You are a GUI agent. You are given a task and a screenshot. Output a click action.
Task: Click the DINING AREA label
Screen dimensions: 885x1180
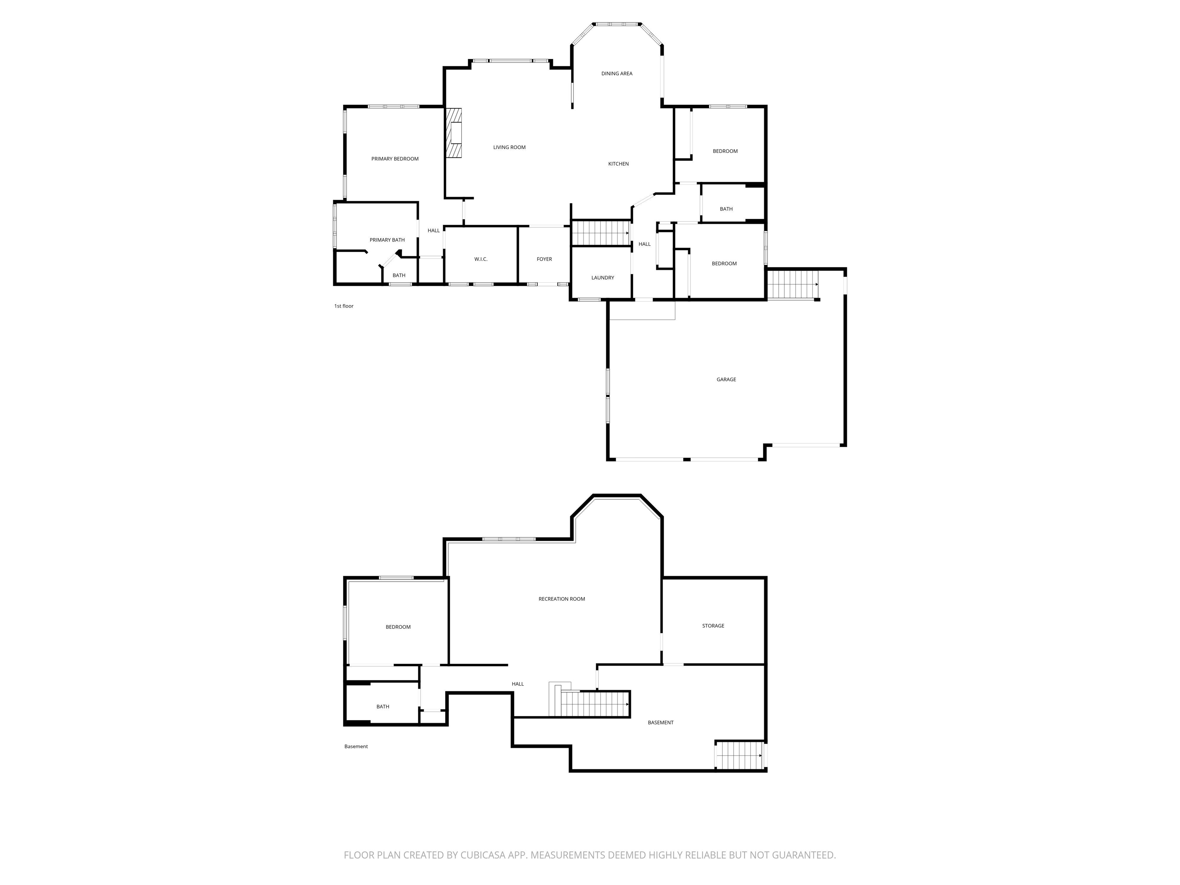coord(617,74)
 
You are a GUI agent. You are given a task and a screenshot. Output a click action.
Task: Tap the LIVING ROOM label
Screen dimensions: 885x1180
coord(509,147)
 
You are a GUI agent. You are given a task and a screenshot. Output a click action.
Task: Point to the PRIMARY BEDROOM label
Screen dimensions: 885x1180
coord(395,159)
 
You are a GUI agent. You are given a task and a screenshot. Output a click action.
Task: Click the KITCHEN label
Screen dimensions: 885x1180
coord(618,164)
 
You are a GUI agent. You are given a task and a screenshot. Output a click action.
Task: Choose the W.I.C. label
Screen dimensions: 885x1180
coord(481,259)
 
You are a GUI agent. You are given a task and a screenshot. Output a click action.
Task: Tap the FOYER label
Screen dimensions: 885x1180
coord(544,259)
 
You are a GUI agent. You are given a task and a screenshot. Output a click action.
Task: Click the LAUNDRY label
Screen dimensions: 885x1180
coord(602,278)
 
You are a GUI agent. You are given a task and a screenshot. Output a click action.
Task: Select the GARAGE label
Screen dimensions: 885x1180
coord(726,380)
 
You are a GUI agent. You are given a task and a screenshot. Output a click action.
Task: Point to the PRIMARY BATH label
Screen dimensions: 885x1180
coord(387,240)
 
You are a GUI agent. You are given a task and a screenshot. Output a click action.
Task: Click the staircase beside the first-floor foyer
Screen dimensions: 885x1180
coord(601,233)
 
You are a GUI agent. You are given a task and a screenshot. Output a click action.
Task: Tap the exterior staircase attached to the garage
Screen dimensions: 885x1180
coord(792,284)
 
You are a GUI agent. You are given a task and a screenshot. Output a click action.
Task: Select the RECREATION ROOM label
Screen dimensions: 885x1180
coord(562,599)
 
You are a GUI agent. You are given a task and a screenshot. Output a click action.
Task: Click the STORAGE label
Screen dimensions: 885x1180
coord(713,626)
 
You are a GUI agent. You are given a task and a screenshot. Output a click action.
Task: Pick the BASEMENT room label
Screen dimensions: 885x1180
coord(660,723)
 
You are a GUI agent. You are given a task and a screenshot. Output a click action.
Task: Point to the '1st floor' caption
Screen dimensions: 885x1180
coord(343,306)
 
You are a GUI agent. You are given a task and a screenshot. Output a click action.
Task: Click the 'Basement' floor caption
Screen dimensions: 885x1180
coord(356,747)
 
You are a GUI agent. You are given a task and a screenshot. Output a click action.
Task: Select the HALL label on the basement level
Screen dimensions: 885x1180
coord(517,684)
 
